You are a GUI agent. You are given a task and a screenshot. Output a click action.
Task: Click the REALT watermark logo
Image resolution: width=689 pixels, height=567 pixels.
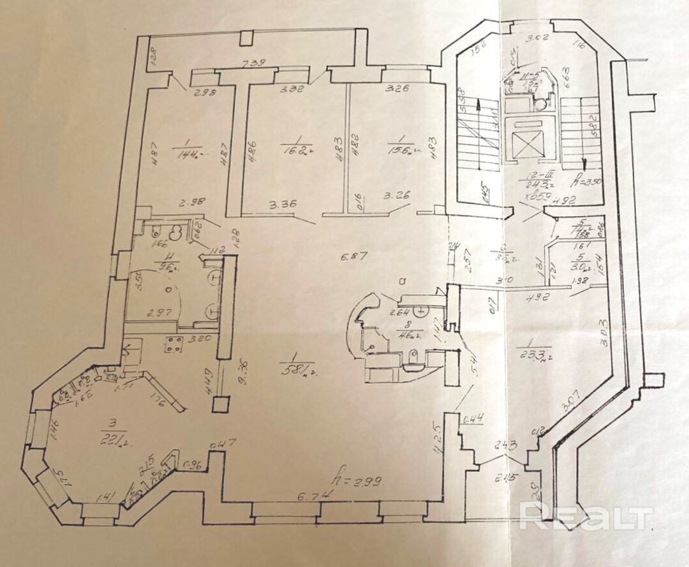point(586,515)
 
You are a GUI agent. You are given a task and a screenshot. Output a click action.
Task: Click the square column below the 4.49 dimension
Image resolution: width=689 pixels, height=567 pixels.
point(221,404)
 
